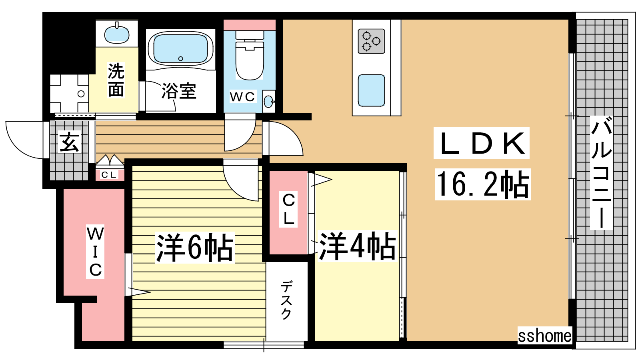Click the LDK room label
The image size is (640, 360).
click(482, 143)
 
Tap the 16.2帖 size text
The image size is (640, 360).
click(482, 184)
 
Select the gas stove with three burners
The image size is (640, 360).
click(372, 41)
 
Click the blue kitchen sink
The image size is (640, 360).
click(372, 90)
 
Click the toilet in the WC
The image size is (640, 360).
click(250, 55)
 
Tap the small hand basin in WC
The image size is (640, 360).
click(268, 102)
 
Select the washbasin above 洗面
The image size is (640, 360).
click(116, 34)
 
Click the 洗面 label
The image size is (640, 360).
click(116, 80)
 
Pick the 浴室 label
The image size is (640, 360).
click(179, 91)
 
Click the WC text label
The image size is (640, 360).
click(242, 97)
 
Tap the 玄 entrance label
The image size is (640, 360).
click(69, 142)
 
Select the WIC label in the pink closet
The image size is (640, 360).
click(95, 252)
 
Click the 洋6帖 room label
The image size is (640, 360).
click(195, 248)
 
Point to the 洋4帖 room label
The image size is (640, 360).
click(358, 246)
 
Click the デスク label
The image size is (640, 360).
click(286, 300)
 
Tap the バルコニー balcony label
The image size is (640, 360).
click(602, 172)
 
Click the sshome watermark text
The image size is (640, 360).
click(545, 336)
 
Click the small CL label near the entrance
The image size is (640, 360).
click(109, 175)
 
